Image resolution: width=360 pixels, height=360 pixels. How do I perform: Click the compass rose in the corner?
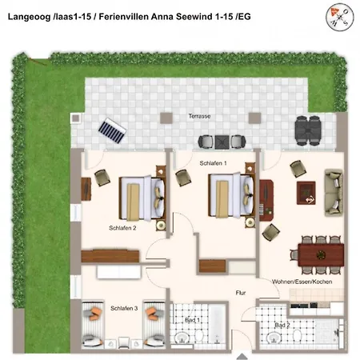339,17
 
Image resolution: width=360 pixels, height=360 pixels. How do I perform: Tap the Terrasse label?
199,116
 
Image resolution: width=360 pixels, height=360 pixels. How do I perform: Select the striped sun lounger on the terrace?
112,130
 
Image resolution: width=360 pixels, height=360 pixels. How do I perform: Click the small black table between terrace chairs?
222,142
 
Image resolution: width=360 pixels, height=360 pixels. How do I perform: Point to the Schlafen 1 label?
213,163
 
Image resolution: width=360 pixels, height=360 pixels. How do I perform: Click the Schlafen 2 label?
122,228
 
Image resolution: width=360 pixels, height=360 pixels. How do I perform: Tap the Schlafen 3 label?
124,308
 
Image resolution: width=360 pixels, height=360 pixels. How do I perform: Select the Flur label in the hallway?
241,293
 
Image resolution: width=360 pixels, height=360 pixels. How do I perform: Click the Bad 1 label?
192,320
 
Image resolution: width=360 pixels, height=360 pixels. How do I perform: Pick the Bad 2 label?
282,325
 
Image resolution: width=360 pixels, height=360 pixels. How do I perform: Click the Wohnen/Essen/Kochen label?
302,282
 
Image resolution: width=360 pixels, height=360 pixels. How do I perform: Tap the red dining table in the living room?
321,255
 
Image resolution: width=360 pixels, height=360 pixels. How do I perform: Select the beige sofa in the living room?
334,192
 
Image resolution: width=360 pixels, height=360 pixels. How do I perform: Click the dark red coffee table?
306,193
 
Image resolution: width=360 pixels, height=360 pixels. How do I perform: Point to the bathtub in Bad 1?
217,325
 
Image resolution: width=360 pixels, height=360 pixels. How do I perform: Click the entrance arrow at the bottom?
242,356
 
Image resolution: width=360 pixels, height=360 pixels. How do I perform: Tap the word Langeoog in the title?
29,17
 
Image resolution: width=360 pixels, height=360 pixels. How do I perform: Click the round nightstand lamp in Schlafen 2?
161,226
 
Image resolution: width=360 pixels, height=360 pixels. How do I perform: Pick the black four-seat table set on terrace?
307,130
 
